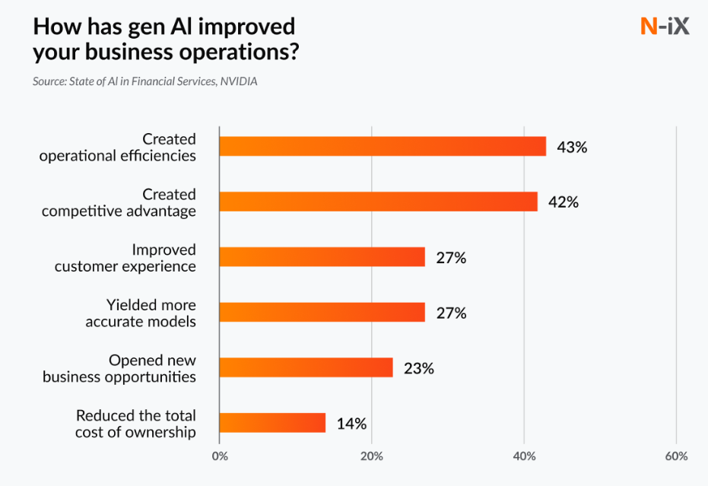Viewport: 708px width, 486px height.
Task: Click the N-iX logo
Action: coord(665,27)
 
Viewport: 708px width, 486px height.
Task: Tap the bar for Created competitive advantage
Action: coord(378,202)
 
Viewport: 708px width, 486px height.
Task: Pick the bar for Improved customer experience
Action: coord(322,257)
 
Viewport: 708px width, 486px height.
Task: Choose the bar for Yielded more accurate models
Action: coord(322,312)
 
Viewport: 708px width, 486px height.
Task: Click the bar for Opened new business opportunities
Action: coord(306,367)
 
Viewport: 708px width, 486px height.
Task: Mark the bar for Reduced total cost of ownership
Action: coord(272,423)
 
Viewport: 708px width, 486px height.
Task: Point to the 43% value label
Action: coord(572,147)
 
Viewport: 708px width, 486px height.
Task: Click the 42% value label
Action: coord(564,202)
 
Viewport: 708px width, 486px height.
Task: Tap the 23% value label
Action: coord(419,368)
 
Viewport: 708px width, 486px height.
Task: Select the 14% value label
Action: coord(351,424)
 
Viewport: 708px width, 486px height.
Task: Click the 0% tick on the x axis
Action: coord(219,456)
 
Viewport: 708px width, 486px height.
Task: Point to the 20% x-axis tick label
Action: coord(371,456)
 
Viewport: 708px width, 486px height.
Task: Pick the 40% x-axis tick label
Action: coord(524,456)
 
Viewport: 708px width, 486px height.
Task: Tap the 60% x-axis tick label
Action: coord(676,456)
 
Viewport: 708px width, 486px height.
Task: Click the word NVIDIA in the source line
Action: coord(239,81)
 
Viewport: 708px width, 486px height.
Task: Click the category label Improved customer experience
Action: coord(125,258)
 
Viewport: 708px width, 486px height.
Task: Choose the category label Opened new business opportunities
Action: coord(119,368)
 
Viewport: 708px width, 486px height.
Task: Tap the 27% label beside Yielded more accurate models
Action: coord(451,313)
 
